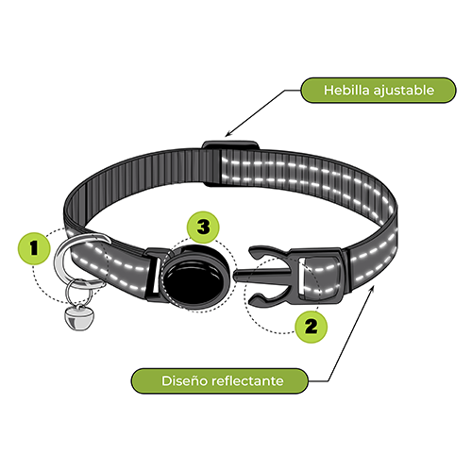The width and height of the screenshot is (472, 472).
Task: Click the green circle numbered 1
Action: point(34,248)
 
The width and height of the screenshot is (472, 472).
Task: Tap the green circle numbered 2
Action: point(311,327)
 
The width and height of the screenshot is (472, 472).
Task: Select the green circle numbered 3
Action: point(203,227)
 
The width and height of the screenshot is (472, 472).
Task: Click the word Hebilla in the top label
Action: point(346,90)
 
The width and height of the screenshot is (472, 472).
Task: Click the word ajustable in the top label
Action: point(404,91)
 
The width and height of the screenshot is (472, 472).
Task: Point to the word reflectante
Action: point(248,380)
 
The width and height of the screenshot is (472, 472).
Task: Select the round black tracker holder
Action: point(195,278)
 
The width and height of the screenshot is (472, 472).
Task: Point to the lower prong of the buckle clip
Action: point(267,299)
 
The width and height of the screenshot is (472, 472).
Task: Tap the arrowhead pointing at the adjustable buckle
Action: point(228,134)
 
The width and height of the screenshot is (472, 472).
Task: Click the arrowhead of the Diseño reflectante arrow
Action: point(373,288)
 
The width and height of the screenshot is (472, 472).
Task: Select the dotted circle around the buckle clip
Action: point(244,295)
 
